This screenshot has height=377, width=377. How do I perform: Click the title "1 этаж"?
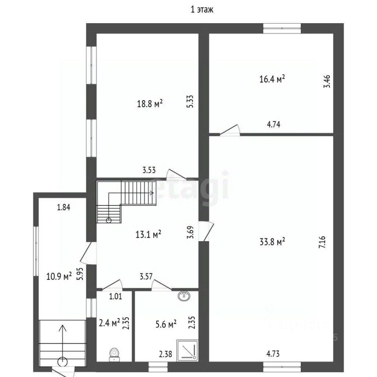coord(202,9)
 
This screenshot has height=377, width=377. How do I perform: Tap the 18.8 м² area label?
coord(150,104)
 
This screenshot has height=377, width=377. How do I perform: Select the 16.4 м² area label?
coord(272,79)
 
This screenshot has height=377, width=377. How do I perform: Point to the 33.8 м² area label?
coord(272,241)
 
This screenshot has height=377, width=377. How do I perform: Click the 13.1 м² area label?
coord(148,234)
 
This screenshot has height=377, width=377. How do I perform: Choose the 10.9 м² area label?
coord(59,276)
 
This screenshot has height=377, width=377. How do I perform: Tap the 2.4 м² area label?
coord(110,323)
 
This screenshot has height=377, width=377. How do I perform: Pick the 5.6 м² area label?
coord(166,324)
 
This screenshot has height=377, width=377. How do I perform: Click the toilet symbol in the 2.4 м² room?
coord(114,355)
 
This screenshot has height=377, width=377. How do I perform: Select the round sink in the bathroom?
coord(184,296)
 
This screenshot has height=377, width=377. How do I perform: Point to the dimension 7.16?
coord(322,242)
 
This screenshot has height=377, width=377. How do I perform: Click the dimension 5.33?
coord(190,101)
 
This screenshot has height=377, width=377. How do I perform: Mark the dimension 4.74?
coord(274,124)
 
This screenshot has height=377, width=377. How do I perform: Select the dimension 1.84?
coord(64,207)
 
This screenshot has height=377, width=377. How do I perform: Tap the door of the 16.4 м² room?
coord(230,130)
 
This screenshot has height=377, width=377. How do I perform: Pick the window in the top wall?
coord(282,28)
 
